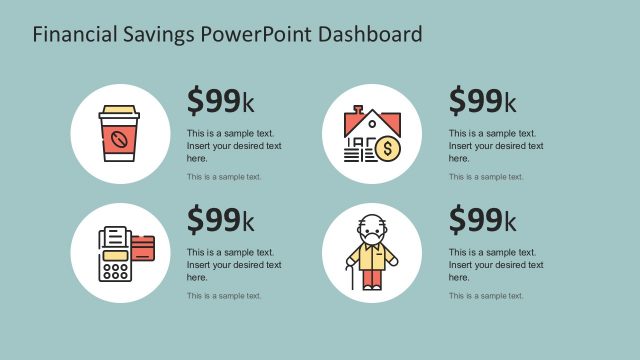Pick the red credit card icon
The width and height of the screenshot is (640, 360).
point(141,246)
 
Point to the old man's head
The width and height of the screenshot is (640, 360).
point(372,227)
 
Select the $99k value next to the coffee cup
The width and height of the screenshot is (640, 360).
point(220,101)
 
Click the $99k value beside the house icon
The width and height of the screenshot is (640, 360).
point(482,101)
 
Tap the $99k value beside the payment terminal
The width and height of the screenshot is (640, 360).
point(220,219)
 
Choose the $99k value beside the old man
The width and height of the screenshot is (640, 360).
point(482,219)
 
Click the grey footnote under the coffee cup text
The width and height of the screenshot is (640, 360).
point(224,177)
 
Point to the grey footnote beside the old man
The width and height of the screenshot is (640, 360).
point(486,295)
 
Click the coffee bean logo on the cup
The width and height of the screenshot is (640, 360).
point(117,139)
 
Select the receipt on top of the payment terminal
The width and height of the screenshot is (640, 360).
point(116,237)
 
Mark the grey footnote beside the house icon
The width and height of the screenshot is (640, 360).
point(486,177)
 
